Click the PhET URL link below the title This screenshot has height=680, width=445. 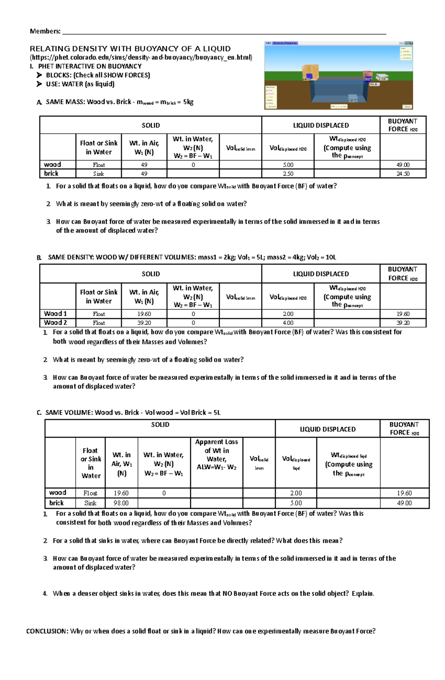(x=141, y=57)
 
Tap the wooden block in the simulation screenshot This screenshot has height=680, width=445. (x=311, y=73)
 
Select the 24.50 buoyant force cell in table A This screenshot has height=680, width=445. (x=403, y=174)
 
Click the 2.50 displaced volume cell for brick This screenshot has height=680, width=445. (x=288, y=174)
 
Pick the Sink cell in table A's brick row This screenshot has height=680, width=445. (x=99, y=174)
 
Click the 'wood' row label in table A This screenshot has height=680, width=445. (x=53, y=165)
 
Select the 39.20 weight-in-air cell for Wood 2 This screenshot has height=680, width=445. (x=144, y=323)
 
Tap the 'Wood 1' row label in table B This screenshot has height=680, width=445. (x=55, y=314)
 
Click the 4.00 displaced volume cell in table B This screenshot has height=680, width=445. (x=288, y=323)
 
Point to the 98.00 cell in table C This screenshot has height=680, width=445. (x=121, y=503)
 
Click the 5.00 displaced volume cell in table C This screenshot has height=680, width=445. (x=296, y=503)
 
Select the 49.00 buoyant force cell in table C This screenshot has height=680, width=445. (x=404, y=503)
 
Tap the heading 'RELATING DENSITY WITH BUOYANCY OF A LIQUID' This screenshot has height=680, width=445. (x=130, y=49)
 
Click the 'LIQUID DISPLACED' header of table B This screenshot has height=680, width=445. (x=321, y=274)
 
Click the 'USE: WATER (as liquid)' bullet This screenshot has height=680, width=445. (x=80, y=84)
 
